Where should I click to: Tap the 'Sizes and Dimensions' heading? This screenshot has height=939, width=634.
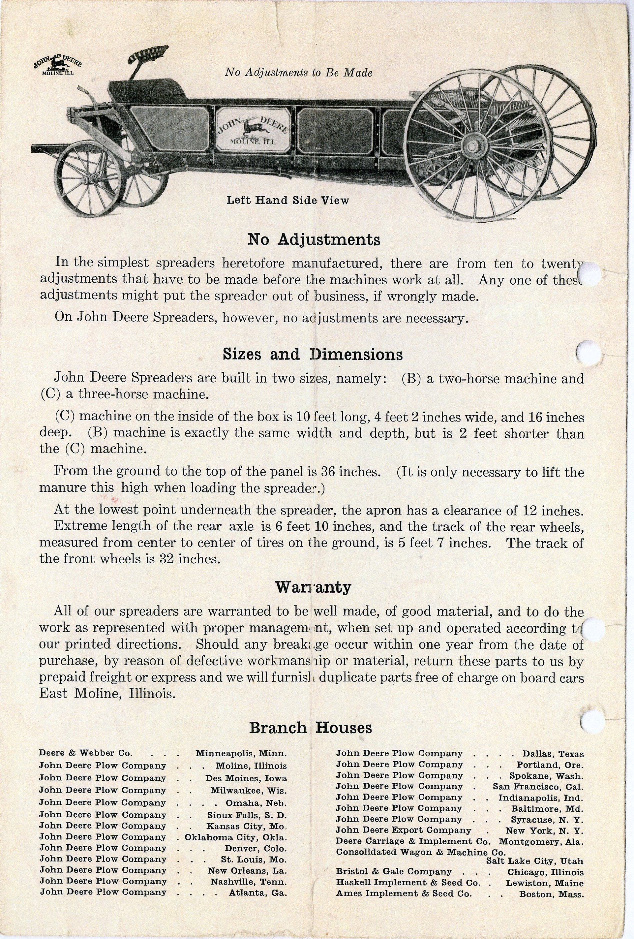coord(313,354)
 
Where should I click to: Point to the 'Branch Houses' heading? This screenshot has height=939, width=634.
coord(310,728)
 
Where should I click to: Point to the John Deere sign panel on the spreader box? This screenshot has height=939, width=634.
coord(253,130)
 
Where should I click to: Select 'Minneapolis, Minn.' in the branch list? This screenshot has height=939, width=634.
coord(241,753)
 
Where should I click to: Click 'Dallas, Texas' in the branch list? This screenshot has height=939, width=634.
coord(553,754)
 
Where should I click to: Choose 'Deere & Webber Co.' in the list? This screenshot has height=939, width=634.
coord(86,753)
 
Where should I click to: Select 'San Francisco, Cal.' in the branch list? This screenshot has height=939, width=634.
coord(538,787)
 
